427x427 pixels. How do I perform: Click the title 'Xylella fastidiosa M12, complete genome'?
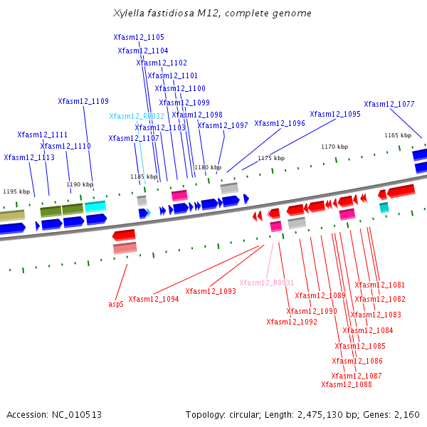[x=212, y=13]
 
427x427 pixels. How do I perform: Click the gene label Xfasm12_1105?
[x=139, y=37]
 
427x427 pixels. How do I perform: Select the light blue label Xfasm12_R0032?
[x=137, y=116]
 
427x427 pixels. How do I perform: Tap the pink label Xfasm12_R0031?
[x=266, y=283]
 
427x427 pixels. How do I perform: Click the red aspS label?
[x=116, y=304]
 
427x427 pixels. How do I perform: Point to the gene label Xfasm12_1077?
[x=389, y=104]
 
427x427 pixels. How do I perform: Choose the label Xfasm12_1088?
[x=347, y=384]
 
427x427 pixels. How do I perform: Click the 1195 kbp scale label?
[x=16, y=191]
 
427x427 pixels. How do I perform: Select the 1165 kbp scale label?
[x=398, y=135]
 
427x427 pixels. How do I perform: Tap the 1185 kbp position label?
[x=144, y=176]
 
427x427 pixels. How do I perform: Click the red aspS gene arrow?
[x=124, y=235]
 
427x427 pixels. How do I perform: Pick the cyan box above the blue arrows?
[x=95, y=206]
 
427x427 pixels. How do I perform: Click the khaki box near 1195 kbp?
[x=12, y=215]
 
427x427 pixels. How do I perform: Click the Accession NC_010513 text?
[x=54, y=415]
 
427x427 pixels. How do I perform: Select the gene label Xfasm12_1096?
[x=280, y=123]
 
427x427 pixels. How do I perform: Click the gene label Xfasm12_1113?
[x=29, y=157]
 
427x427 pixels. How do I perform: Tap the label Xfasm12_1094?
[x=154, y=299]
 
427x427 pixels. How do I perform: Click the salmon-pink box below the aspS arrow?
[x=125, y=248]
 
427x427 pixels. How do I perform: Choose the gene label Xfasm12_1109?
[x=83, y=101]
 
